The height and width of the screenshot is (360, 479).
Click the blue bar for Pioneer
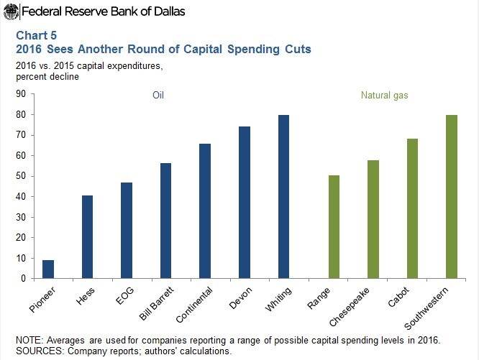[48, 269]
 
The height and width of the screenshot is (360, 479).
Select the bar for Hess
[87, 236]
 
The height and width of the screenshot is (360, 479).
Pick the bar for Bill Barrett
[165, 221]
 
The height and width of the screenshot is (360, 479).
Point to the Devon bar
[244, 202]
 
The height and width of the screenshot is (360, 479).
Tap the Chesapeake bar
[373, 219]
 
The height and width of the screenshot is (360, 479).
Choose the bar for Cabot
[412, 208]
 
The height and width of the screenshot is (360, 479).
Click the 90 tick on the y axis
[20, 94]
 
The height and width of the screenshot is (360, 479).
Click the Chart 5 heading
[34, 34]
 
